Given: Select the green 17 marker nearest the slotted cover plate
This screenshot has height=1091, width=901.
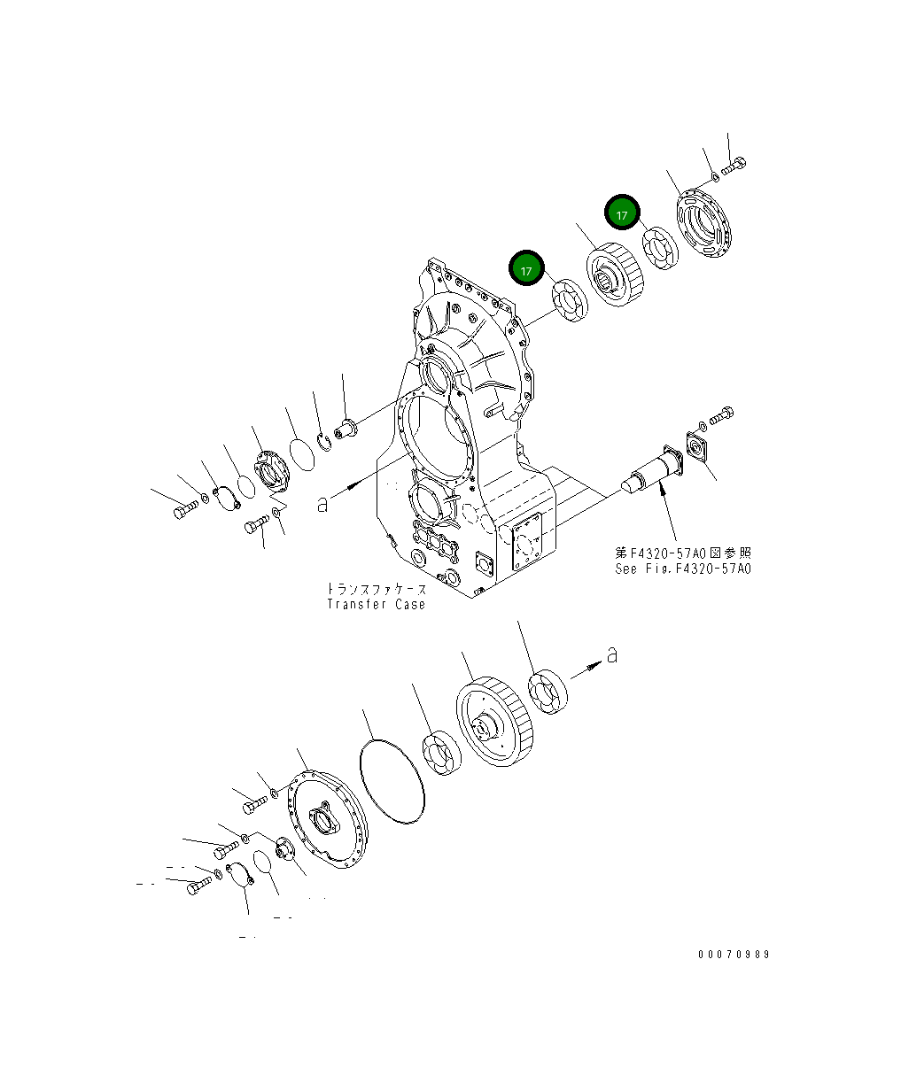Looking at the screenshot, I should tap(622, 213).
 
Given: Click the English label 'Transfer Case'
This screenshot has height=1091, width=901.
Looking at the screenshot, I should tap(376, 604).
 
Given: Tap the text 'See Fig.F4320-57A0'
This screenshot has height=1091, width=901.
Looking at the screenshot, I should tap(682, 569).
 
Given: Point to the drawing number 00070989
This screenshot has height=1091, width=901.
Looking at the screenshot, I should tap(734, 954).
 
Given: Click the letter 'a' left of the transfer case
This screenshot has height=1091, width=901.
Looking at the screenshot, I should tap(323, 504).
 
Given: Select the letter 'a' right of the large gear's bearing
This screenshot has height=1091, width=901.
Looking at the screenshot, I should tap(611, 654).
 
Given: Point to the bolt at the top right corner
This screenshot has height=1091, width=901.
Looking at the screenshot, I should tap(734, 165).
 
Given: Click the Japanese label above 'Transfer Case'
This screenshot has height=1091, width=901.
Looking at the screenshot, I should tap(376, 589).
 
